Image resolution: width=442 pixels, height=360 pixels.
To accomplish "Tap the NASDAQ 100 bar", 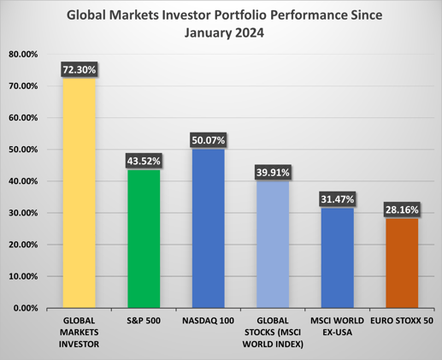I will [x=208, y=227].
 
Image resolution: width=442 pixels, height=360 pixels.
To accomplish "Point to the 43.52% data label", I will [x=144, y=161].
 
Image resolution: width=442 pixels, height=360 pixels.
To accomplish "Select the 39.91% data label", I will [x=273, y=173].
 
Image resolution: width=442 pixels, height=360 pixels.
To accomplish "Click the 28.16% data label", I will [x=402, y=210].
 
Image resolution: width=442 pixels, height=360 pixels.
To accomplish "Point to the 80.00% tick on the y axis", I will [x=23, y=54].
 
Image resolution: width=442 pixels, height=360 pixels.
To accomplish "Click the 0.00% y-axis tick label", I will [x=26, y=308].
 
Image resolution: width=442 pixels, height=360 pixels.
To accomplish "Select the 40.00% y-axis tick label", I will [x=23, y=181].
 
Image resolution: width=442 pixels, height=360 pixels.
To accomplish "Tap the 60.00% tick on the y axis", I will [x=23, y=118].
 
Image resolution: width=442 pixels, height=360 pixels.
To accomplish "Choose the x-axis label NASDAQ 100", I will [x=208, y=320].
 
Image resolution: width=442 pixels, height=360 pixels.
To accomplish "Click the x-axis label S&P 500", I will [x=144, y=320].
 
